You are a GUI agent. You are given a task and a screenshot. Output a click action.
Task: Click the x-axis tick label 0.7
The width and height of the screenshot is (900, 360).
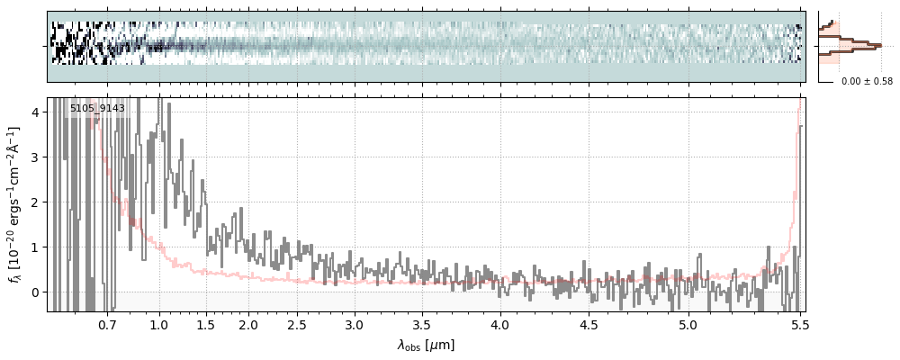[x=107, y=324]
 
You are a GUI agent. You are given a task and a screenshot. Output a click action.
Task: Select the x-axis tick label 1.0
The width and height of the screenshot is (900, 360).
[x=159, y=324]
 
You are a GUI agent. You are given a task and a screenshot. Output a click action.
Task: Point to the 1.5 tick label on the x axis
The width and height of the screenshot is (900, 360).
[x=205, y=324]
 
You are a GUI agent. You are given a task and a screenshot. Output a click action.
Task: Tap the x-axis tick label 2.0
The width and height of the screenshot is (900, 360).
[x=248, y=324]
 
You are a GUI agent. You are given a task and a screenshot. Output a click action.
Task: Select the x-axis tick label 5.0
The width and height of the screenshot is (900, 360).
[x=688, y=324]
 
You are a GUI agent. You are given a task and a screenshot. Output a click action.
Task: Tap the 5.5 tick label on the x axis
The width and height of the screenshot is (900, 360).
[x=797, y=324]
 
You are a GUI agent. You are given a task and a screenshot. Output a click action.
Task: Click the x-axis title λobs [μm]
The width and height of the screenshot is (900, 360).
[x=426, y=344]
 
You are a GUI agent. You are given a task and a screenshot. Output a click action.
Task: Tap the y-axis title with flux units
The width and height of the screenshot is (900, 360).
[x=15, y=204]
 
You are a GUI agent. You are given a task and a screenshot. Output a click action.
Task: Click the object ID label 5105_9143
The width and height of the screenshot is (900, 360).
[x=97, y=109]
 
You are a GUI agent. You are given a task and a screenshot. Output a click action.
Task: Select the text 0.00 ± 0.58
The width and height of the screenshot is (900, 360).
[x=867, y=82]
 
